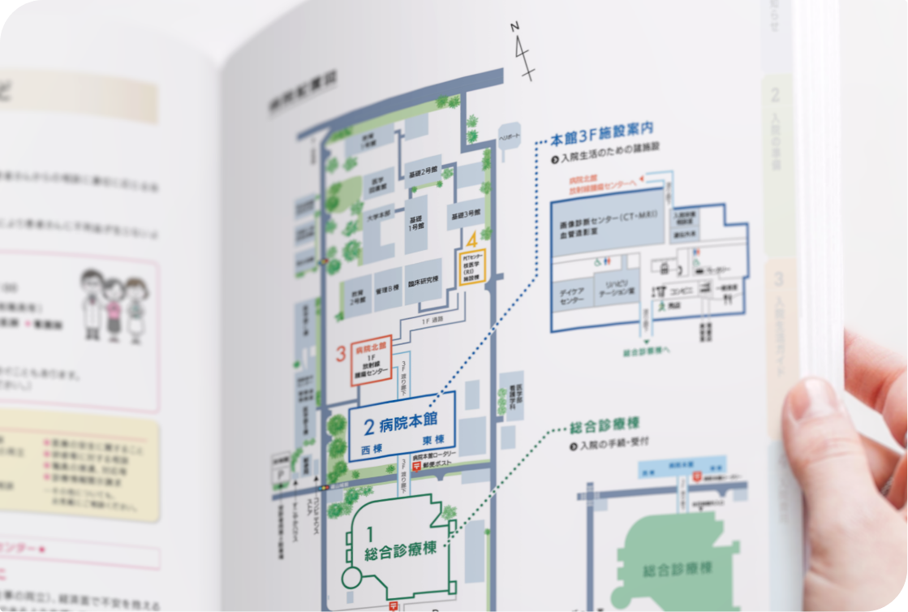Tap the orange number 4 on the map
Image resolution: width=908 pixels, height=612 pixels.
(x=471, y=240)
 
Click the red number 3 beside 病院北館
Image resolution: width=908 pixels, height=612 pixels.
(x=342, y=354)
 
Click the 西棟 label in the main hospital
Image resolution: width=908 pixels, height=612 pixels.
(x=371, y=448)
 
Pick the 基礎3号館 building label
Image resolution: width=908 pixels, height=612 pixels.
(x=465, y=214)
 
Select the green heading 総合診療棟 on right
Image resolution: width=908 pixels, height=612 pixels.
(x=605, y=425)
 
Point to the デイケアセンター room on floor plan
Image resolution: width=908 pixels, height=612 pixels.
(x=571, y=296)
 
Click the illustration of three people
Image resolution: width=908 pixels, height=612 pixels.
(x=114, y=304)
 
